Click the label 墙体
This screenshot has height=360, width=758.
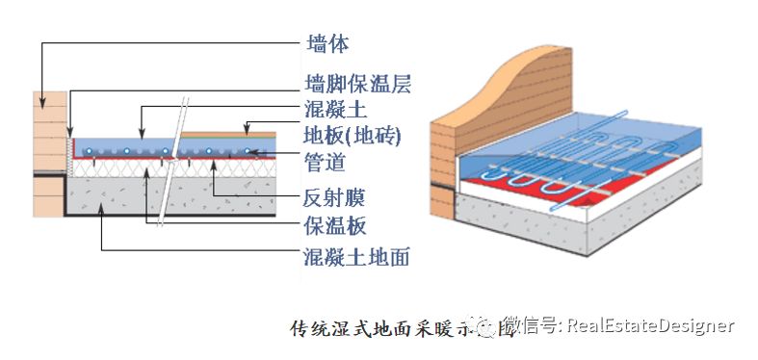(327, 44)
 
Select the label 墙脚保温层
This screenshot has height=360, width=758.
(358, 85)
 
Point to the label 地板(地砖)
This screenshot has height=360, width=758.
(352, 135)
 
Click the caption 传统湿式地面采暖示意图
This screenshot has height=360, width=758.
(389, 328)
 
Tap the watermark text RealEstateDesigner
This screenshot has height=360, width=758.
(650, 326)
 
